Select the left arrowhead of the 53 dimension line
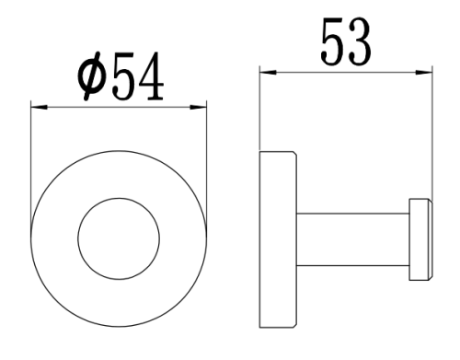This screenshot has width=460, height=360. (267, 69)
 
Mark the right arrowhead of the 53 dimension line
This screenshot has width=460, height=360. (427, 69)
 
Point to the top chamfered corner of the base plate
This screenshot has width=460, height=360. (293, 154)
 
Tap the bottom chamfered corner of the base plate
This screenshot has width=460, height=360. (293, 328)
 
